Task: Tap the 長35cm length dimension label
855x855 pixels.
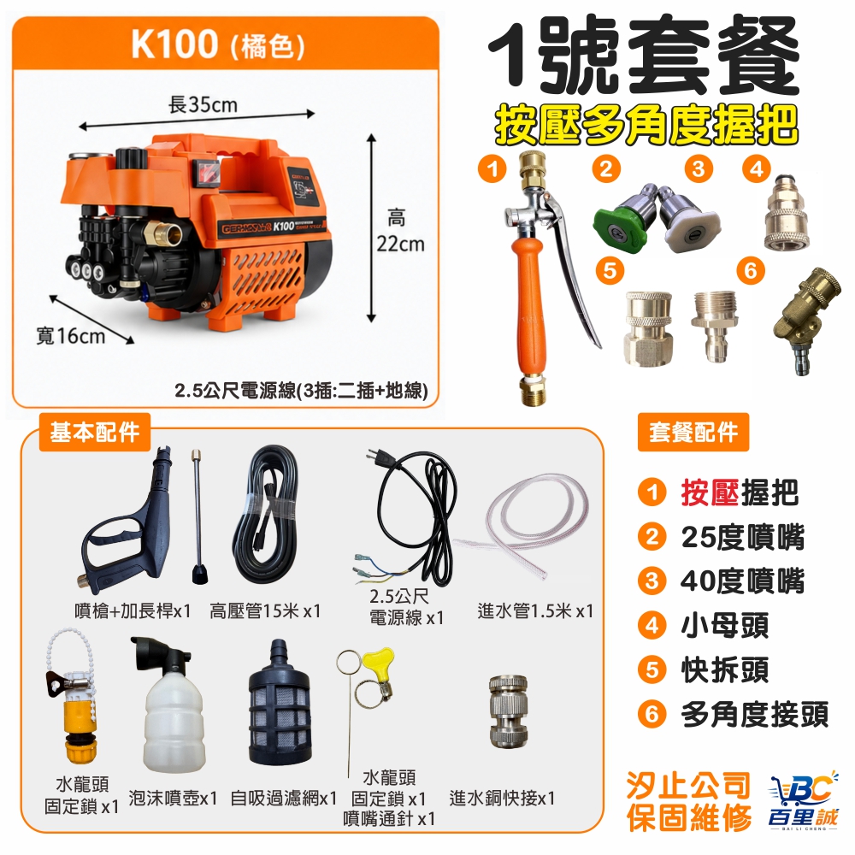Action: [x=203, y=104]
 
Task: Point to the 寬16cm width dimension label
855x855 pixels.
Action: [x=70, y=336]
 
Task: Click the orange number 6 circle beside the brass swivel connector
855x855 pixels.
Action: [x=751, y=270]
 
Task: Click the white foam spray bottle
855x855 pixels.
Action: [x=173, y=709]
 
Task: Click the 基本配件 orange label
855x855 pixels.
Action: [x=94, y=433]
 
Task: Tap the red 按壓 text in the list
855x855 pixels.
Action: [x=710, y=492]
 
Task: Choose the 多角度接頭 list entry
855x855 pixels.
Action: [x=755, y=714]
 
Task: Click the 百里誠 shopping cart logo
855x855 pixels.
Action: [x=802, y=799]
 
